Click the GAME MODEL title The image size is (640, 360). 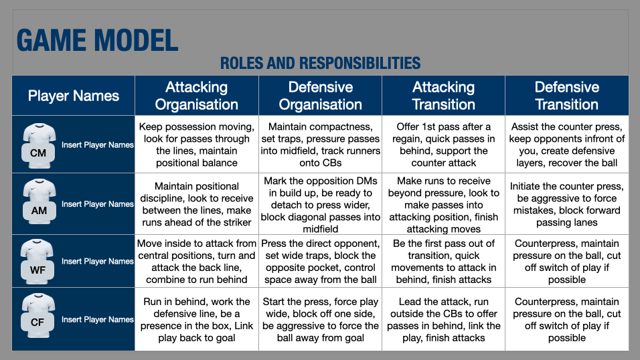[98, 40]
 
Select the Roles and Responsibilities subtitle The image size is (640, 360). [320, 64]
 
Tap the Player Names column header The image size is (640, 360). [74, 96]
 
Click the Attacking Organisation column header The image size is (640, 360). [197, 96]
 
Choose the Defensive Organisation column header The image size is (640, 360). [320, 96]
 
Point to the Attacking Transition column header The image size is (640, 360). [443, 96]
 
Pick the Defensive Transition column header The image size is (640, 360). [566, 96]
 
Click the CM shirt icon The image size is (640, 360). [38, 142]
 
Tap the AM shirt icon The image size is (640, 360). [38, 201]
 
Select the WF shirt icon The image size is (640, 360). [38, 259]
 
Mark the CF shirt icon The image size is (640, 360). [38, 317]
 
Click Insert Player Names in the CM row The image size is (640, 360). [98, 145]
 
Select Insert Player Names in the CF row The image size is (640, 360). [98, 320]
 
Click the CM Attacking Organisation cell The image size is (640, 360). [197, 145]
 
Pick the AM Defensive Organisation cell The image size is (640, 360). [320, 205]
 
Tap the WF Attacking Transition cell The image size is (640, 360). [443, 262]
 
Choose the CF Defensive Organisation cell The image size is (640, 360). [320, 320]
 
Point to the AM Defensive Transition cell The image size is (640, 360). [566, 205]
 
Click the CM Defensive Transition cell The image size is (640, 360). [566, 145]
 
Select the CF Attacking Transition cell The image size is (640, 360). [443, 320]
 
